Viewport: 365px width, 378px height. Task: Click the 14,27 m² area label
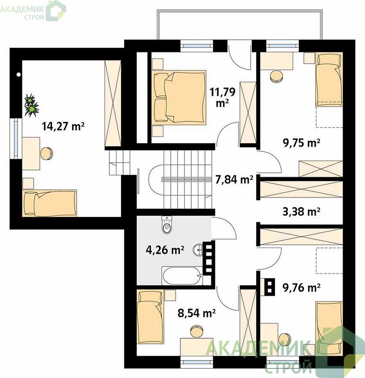(x=63, y=126)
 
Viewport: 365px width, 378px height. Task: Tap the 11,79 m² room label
(x=223, y=97)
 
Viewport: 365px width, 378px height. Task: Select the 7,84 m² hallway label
(x=234, y=180)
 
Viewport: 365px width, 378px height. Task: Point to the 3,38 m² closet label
(x=302, y=211)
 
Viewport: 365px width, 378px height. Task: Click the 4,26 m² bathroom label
(x=165, y=250)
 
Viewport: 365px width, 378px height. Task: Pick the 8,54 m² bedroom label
(x=196, y=313)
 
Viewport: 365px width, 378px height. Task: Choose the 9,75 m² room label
(x=302, y=143)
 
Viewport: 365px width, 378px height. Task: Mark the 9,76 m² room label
(x=302, y=287)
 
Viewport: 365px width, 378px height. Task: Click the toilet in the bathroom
(x=167, y=225)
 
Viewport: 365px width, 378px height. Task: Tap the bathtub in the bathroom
(x=182, y=276)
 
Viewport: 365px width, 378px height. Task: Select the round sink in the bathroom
(x=198, y=250)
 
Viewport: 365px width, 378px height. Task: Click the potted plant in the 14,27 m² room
(x=31, y=105)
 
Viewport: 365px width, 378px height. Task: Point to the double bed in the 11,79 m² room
(x=179, y=98)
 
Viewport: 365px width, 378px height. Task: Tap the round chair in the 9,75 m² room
(x=277, y=76)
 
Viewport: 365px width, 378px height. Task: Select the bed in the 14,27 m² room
(x=50, y=203)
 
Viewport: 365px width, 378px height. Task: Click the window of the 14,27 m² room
(x=16, y=138)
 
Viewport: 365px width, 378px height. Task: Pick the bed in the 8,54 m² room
(x=150, y=316)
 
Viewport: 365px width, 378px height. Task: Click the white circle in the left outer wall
(x=18, y=75)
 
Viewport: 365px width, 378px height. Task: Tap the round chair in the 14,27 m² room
(x=46, y=154)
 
